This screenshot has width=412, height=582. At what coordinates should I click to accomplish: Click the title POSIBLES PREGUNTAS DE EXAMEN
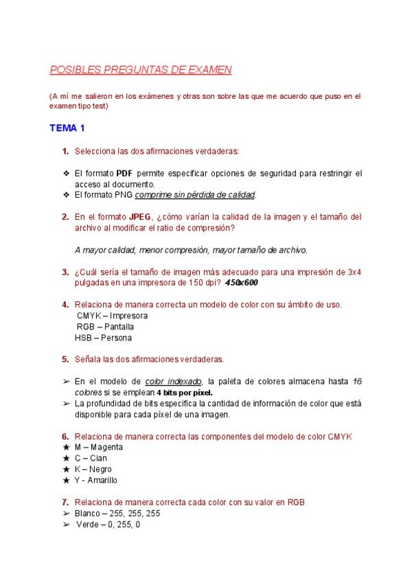click(141, 70)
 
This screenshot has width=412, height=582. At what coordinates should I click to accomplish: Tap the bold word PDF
click(124, 173)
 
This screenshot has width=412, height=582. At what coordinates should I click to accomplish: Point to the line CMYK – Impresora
click(112, 316)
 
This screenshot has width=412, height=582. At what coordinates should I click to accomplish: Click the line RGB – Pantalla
click(105, 327)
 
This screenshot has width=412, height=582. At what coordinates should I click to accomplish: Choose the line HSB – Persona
click(104, 338)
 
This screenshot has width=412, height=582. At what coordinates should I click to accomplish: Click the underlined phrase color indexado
click(174, 381)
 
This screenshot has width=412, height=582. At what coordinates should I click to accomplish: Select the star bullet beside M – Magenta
click(65, 447)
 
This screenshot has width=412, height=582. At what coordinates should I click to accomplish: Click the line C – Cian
click(91, 458)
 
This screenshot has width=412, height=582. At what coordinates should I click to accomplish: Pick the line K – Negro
click(93, 469)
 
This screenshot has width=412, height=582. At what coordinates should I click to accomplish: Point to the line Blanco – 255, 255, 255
click(118, 513)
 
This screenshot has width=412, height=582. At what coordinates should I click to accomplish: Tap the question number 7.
click(65, 502)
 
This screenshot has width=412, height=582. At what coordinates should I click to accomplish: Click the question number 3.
click(65, 272)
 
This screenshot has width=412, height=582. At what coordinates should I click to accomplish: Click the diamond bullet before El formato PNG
click(65, 195)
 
